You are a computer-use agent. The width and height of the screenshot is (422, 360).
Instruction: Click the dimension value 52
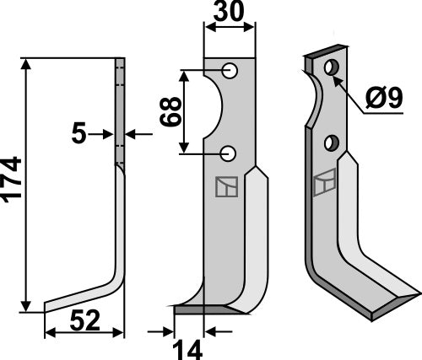click(x=84, y=320)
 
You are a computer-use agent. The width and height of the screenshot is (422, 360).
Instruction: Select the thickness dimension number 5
click(x=79, y=132)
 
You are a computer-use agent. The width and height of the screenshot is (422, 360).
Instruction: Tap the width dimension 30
click(x=230, y=14)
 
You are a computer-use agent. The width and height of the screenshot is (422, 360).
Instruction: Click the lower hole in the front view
click(x=229, y=153)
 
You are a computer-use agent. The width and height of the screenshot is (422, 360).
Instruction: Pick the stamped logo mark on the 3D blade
click(x=324, y=183)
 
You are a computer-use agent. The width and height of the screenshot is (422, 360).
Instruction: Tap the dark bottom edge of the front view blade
click(x=203, y=309)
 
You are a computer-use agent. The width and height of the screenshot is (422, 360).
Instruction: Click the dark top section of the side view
click(x=120, y=110)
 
